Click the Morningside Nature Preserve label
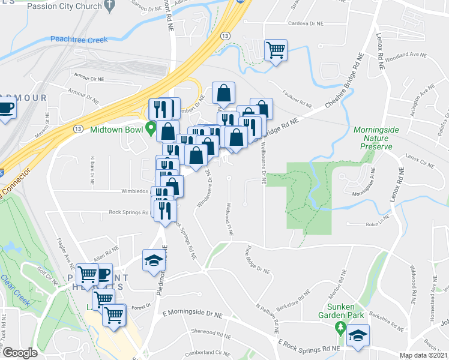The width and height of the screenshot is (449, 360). click(373, 138)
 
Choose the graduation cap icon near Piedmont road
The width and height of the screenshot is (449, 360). click(153, 260)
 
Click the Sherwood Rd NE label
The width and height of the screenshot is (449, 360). click(206, 331)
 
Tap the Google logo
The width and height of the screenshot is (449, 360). click(20, 352)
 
